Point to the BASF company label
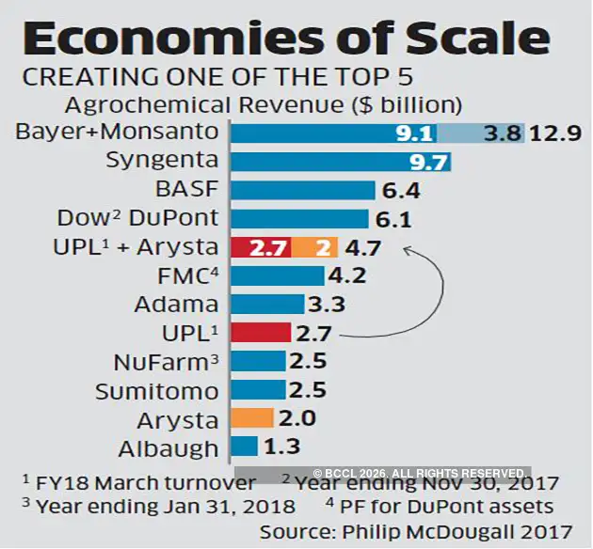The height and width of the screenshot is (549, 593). [x=186, y=190]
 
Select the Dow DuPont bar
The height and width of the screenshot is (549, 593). [x=299, y=219]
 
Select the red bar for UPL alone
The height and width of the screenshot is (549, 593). [x=261, y=333]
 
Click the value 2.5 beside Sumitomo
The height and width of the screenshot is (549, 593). [x=309, y=390]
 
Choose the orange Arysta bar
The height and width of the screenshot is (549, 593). [x=252, y=418]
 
